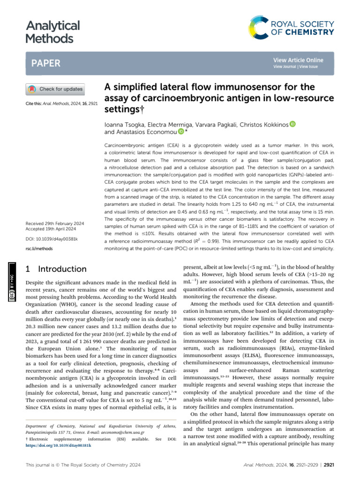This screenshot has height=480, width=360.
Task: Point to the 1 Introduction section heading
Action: point(55,269)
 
